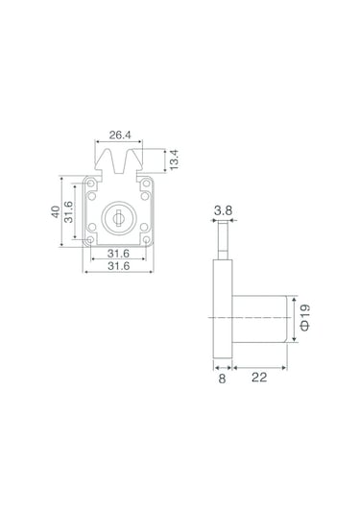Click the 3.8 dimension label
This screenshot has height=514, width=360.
pyautogui.click(x=222, y=208)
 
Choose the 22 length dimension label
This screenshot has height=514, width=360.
pyautogui.click(x=259, y=379)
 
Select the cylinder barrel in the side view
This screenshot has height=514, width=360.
pyautogui.click(x=259, y=318)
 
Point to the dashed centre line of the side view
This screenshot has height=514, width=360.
pyautogui.click(x=250, y=318)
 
